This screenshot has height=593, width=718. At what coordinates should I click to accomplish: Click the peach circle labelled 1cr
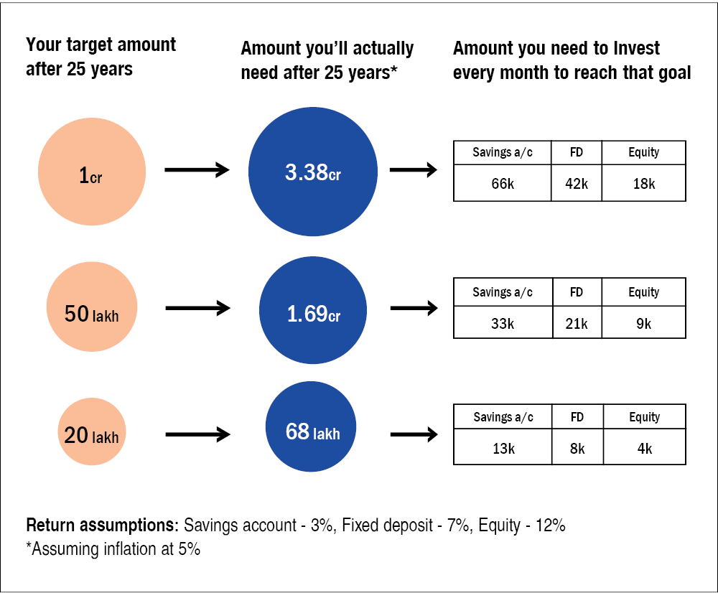pyautogui.click(x=92, y=172)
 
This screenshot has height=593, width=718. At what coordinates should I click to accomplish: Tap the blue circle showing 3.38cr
pyautogui.click(x=313, y=172)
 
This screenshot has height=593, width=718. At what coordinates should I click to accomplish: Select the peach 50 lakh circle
pyautogui.click(x=92, y=307)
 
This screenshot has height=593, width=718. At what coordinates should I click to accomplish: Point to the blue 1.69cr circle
pyautogui.click(x=313, y=310)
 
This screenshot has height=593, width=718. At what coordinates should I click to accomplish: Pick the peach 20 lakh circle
pyautogui.click(x=92, y=431)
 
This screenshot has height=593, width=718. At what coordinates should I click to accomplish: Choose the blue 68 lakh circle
pyautogui.click(x=311, y=426)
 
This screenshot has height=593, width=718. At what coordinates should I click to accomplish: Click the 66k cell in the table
pyautogui.click(x=503, y=183)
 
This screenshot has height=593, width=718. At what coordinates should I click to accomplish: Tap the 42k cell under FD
pyautogui.click(x=577, y=183)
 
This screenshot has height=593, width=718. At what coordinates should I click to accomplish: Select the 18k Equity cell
pyautogui.click(x=644, y=183)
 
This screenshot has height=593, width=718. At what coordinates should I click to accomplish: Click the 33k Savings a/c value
pyautogui.click(x=503, y=323)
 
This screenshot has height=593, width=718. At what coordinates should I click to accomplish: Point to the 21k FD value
pyautogui.click(x=577, y=323)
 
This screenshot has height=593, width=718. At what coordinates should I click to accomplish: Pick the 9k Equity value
pyautogui.click(x=644, y=323)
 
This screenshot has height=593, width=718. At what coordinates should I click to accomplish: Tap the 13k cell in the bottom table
pyautogui.click(x=503, y=447)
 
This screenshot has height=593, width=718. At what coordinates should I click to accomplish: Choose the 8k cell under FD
pyautogui.click(x=577, y=447)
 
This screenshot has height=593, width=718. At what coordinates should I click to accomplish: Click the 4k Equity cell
pyautogui.click(x=645, y=447)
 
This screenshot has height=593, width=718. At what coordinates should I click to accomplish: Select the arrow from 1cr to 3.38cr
pyautogui.click(x=197, y=170)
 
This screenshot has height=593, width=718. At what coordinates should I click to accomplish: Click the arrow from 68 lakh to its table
pyautogui.click(x=414, y=434)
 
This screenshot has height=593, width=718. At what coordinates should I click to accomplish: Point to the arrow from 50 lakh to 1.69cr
pyautogui.click(x=198, y=308)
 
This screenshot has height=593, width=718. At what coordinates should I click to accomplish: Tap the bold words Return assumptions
pyautogui.click(x=102, y=526)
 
